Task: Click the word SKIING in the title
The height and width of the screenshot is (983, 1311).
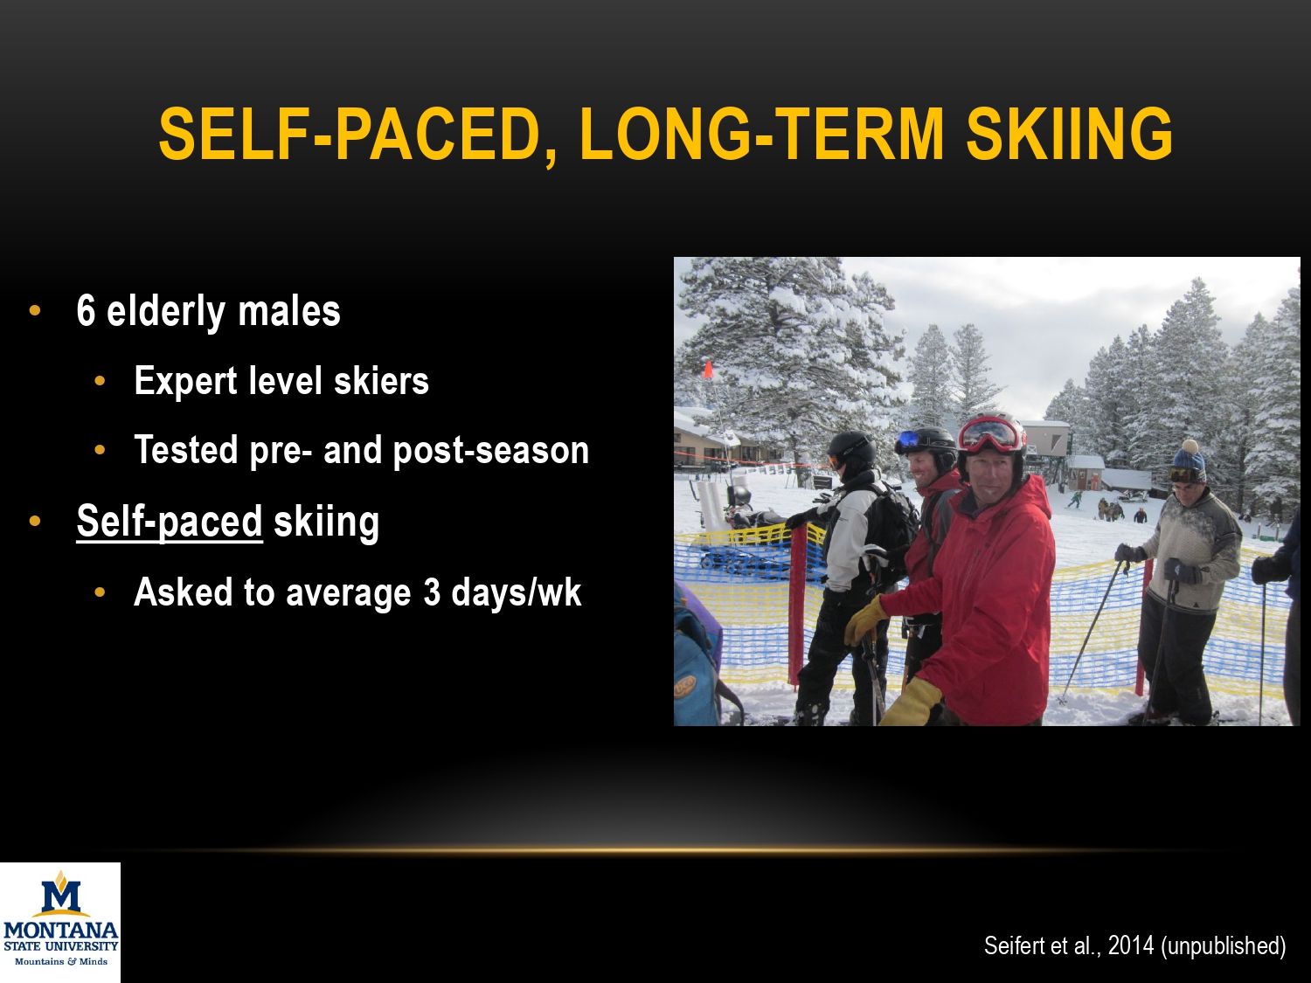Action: (1069, 134)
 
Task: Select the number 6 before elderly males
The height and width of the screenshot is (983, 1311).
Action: (86, 311)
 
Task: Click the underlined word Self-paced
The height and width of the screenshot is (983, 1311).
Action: (170, 522)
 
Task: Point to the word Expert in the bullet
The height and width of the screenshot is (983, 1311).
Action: (186, 381)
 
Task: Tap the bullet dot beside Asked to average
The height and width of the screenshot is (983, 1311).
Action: (101, 592)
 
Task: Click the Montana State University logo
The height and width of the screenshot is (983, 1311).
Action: (60, 921)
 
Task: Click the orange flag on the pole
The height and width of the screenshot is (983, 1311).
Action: (708, 370)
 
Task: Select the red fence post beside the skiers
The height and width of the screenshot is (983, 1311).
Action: (797, 604)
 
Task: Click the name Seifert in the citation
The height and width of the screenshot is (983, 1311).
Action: (1012, 945)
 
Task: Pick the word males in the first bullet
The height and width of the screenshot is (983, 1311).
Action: (289, 312)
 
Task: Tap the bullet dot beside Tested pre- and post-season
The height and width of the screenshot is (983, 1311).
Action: (101, 451)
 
